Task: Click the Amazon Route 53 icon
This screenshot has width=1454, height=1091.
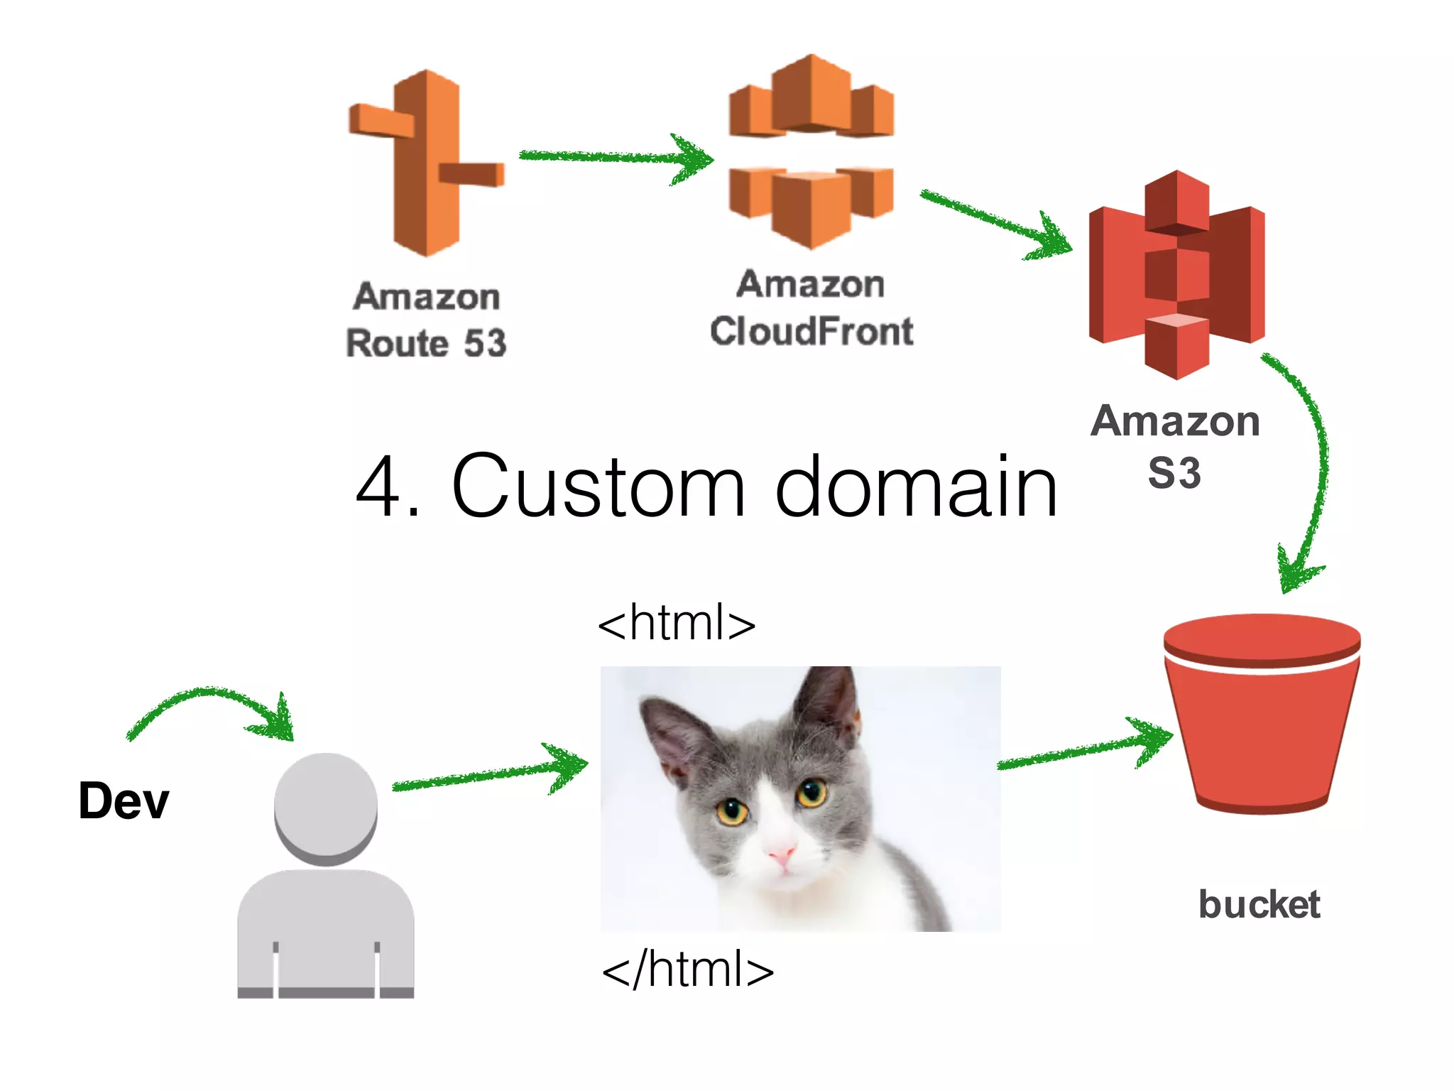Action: (x=426, y=163)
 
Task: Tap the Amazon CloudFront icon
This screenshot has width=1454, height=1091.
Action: (x=811, y=153)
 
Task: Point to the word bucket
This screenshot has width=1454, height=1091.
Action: (x=1259, y=904)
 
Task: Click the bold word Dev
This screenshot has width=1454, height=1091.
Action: (x=124, y=800)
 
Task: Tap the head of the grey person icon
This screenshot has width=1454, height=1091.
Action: (x=326, y=806)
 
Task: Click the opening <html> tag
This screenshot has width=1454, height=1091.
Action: (x=676, y=623)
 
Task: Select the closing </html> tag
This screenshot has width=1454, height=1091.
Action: (x=687, y=970)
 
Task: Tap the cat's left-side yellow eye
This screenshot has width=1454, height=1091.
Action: (x=732, y=810)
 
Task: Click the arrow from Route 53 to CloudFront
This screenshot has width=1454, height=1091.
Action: (x=614, y=158)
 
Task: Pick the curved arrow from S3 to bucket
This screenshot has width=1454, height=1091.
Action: (x=1317, y=462)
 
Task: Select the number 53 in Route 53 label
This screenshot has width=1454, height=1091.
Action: (x=485, y=344)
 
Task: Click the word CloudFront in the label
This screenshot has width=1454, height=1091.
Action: (x=811, y=332)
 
